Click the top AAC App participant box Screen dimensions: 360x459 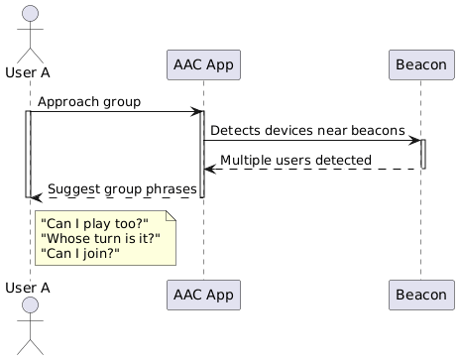point(203,65)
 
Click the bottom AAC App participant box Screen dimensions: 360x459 point(203,295)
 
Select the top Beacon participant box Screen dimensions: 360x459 point(421,65)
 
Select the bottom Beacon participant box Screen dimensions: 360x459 point(421,295)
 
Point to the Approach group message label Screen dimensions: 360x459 point(89,102)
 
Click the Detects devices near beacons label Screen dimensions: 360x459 point(307,131)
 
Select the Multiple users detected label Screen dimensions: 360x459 point(296,160)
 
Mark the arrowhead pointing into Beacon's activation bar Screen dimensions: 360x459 point(413,140)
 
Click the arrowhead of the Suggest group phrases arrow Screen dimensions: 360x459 point(37,197)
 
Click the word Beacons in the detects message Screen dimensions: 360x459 point(377,131)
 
